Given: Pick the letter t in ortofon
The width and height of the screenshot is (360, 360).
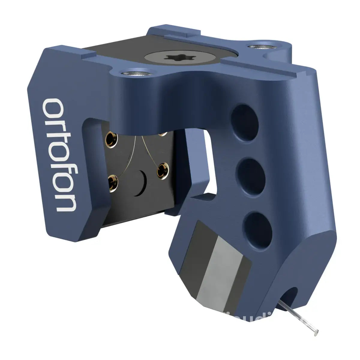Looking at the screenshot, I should point(58,139).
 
